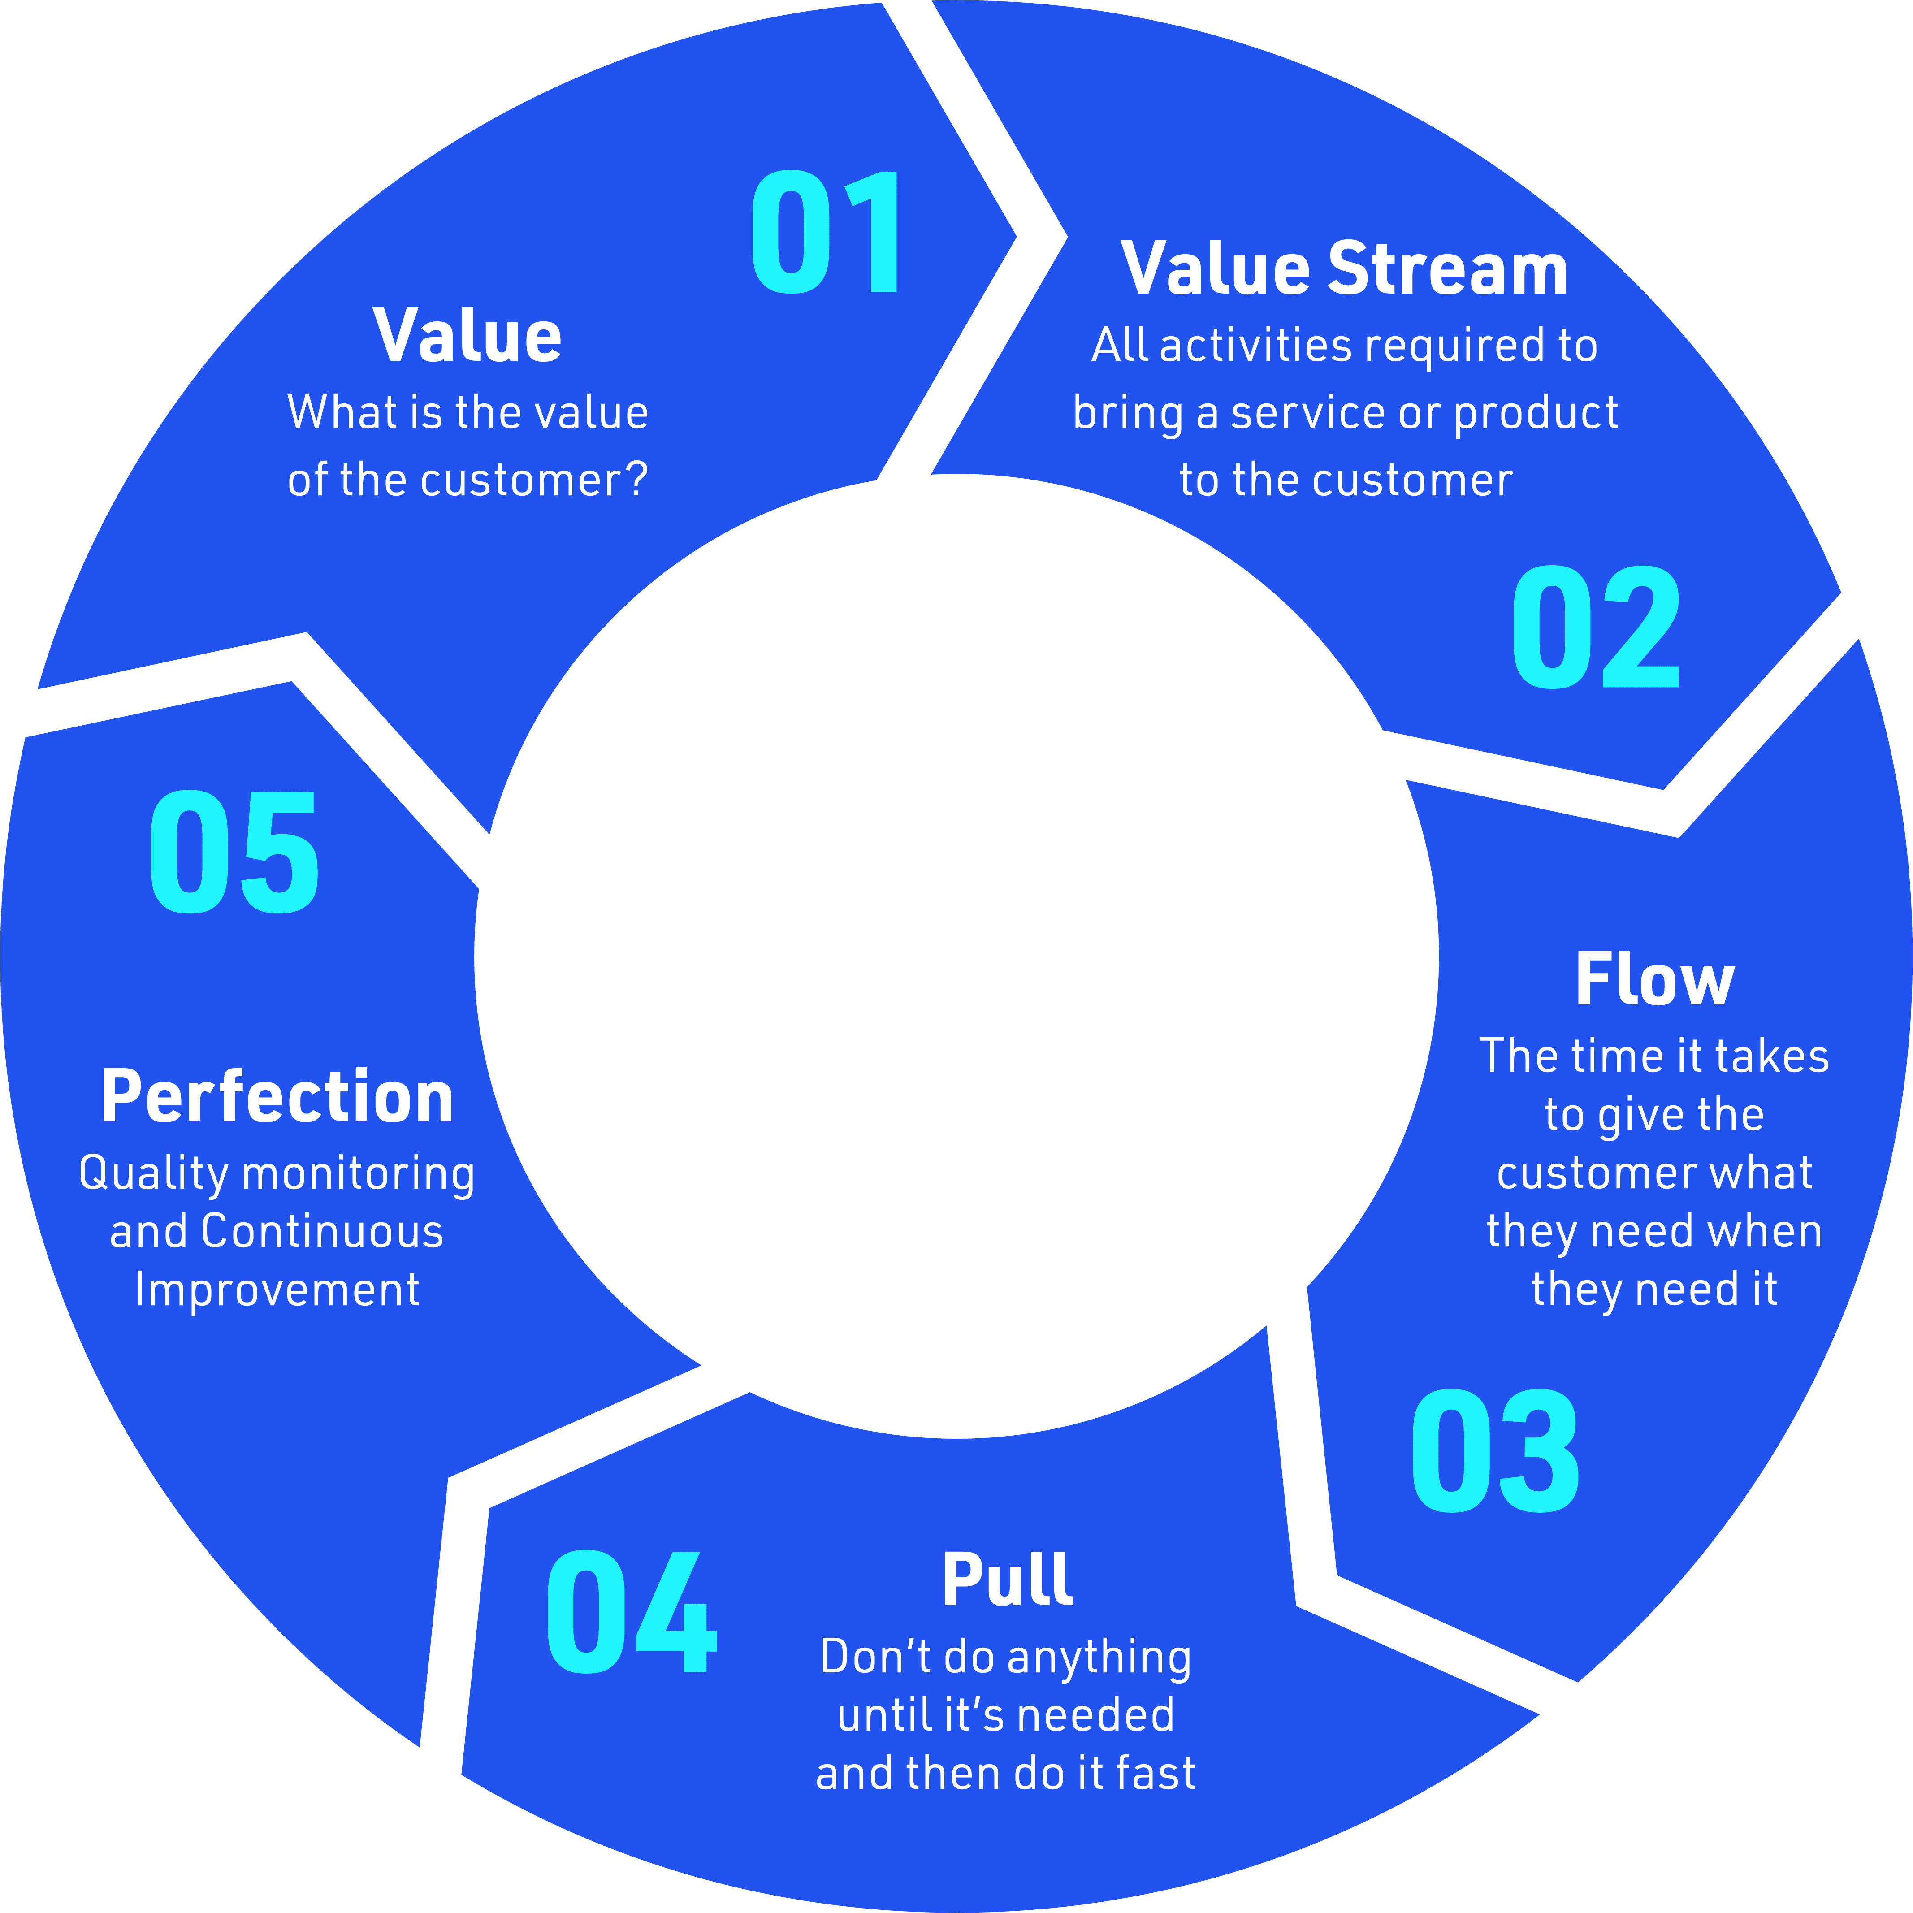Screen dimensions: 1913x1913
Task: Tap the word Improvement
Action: tap(277, 1290)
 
